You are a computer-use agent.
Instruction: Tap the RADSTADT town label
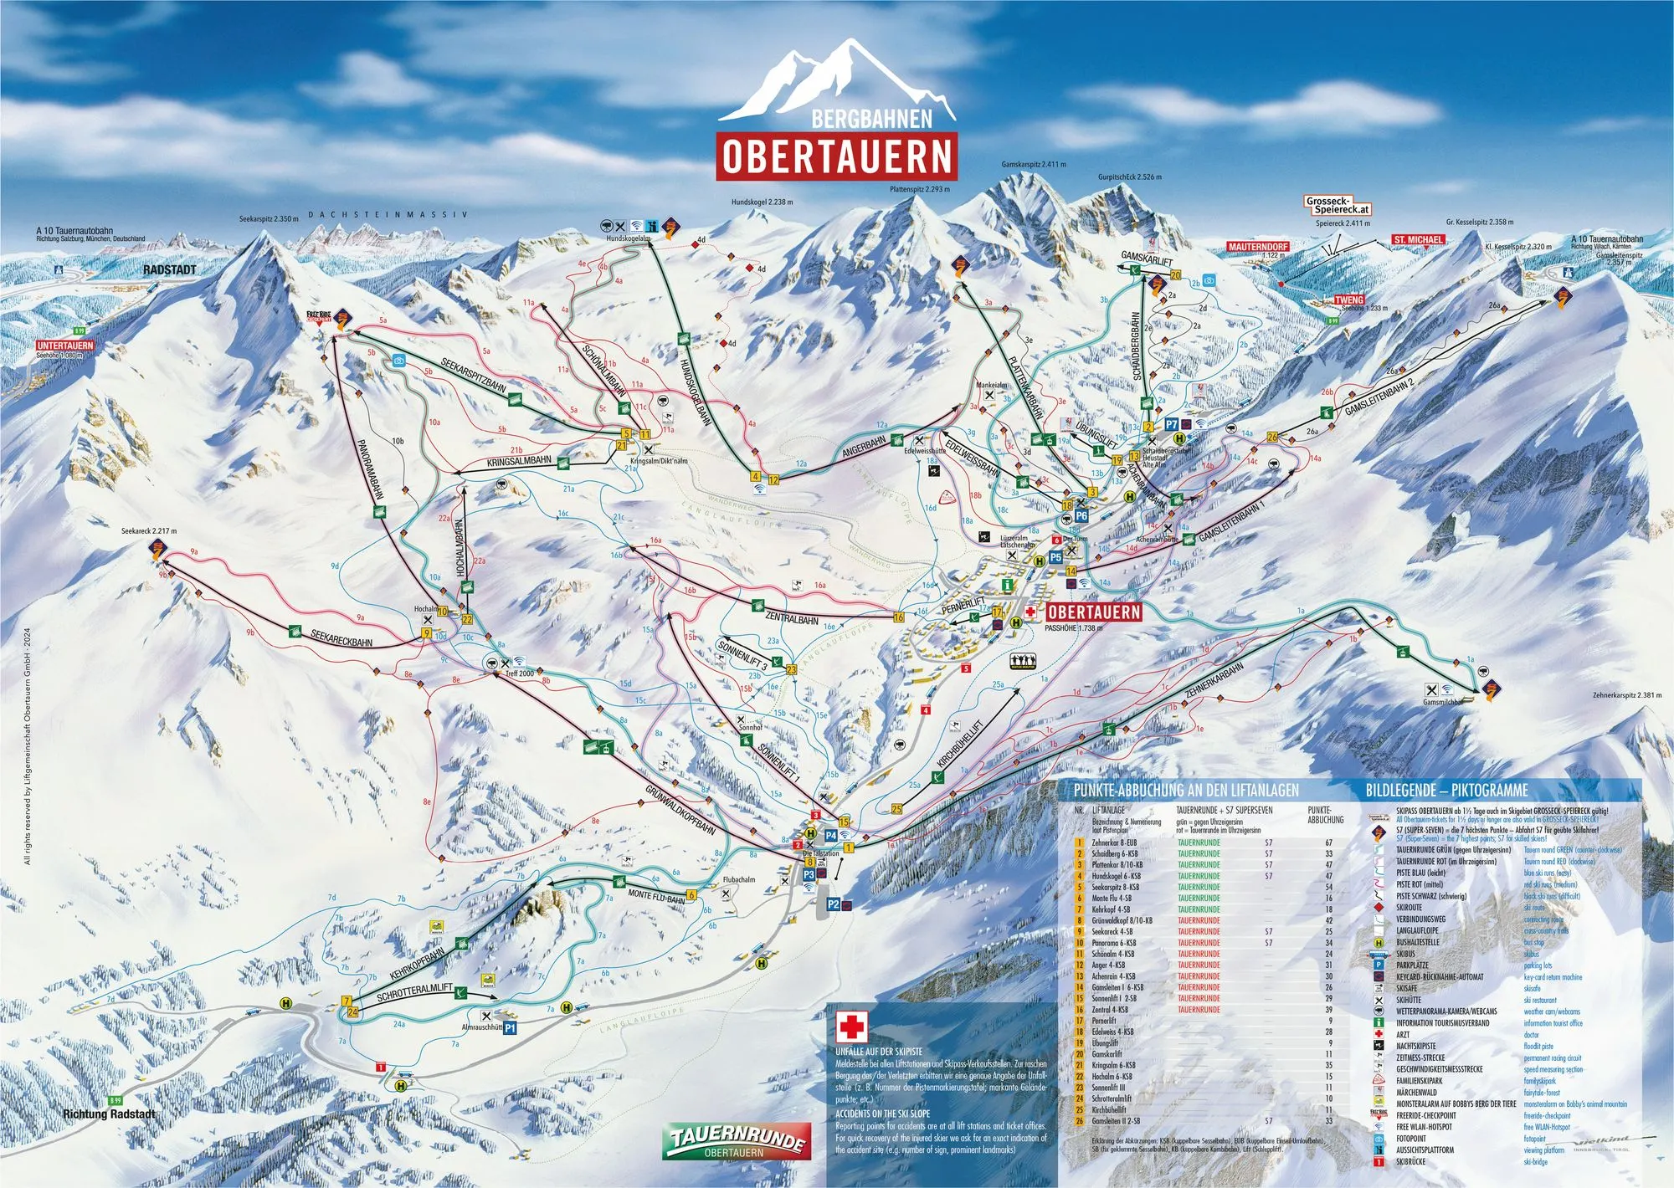tap(170, 270)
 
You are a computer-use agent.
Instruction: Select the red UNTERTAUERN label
tap(65, 346)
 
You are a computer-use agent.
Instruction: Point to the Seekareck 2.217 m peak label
tap(149, 531)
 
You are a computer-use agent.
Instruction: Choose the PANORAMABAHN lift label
tap(369, 468)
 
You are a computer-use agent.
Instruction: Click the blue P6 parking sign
tap(1081, 516)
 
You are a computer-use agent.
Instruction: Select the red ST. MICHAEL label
tap(1418, 240)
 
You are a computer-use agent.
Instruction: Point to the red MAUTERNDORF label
tap(1258, 248)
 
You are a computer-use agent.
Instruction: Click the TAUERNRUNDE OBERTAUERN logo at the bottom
tap(737, 1141)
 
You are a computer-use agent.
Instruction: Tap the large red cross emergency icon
tap(853, 1027)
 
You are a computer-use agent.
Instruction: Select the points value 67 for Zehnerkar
tap(1328, 842)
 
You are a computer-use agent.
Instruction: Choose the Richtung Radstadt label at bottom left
tap(110, 1114)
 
